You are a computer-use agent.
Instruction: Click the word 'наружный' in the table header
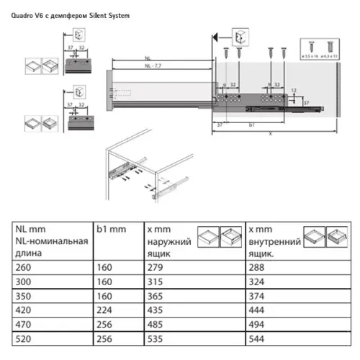[x=166, y=241]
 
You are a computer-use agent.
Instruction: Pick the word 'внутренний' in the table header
[x=274, y=241]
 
